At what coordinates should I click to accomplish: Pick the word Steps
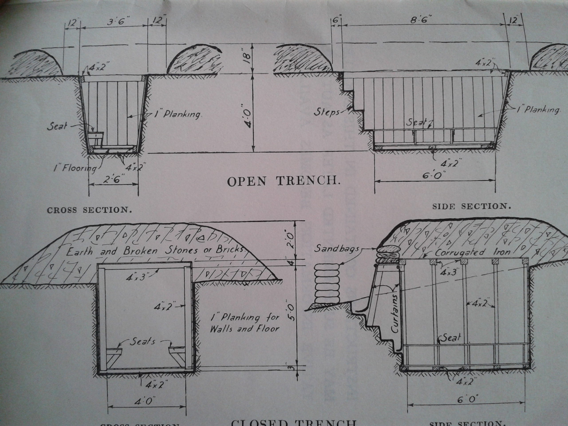coord(327,112)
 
